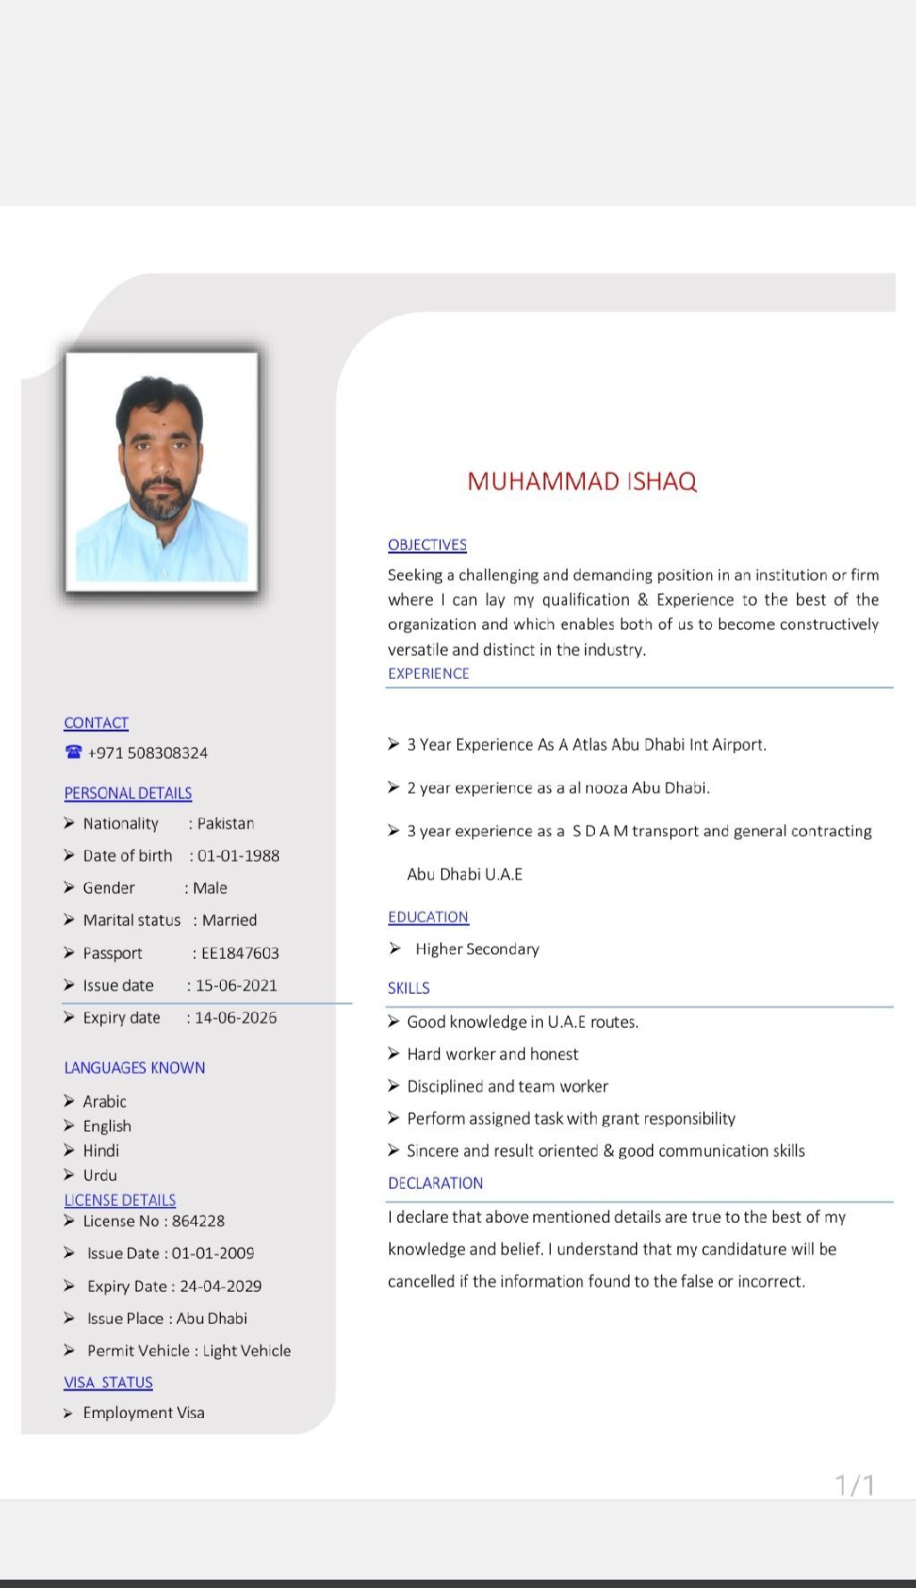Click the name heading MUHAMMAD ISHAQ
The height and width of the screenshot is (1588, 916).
pos(581,481)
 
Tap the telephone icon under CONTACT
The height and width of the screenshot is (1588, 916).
pos(73,752)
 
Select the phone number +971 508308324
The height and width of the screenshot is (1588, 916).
pos(148,753)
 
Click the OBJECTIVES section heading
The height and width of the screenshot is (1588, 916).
pos(427,545)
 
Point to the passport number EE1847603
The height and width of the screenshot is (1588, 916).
pos(240,954)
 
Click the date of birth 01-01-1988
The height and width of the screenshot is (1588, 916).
pos(238,856)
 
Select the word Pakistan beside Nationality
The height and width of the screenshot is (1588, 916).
pos(225,824)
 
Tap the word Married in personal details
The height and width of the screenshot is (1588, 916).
pos(229,921)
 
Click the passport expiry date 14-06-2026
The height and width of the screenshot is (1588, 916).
pos(235,1018)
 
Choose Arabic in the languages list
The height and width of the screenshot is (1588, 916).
pos(105,1102)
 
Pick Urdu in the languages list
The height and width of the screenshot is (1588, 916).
pos(100,1176)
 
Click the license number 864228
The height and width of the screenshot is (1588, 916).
pos(198,1221)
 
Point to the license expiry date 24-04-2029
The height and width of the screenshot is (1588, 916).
pos(220,1287)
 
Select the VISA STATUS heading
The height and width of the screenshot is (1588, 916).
pos(108,1382)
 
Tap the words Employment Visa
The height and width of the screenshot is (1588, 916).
pos(143,1413)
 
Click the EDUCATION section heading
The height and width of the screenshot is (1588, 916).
pos(428,917)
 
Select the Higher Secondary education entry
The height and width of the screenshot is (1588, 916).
pos(477,949)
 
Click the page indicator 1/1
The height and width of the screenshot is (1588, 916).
pos(854,1485)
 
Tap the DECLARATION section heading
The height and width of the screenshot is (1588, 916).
pos(435,1184)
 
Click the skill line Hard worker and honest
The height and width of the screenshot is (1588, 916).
pos(492,1055)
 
